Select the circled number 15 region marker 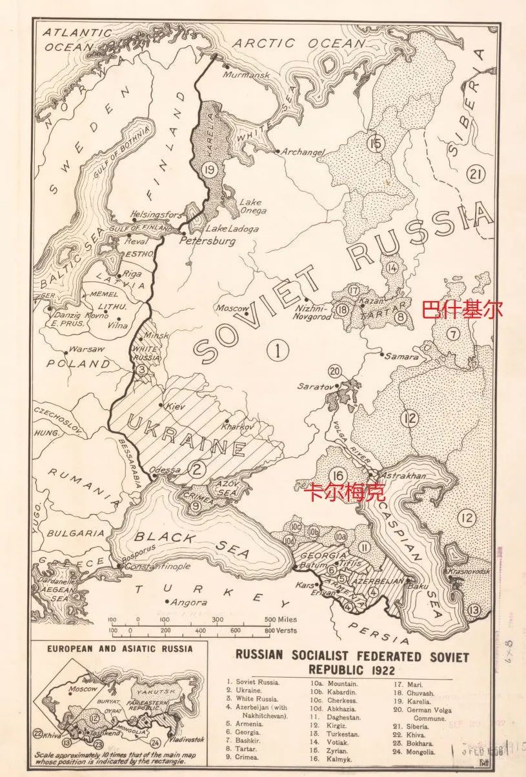pyautogui.click(x=374, y=143)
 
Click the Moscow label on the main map pyautogui.click(x=232, y=308)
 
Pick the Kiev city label pyautogui.click(x=176, y=408)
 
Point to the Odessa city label pyautogui.click(x=165, y=470)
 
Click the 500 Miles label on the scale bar pyautogui.click(x=281, y=619)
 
